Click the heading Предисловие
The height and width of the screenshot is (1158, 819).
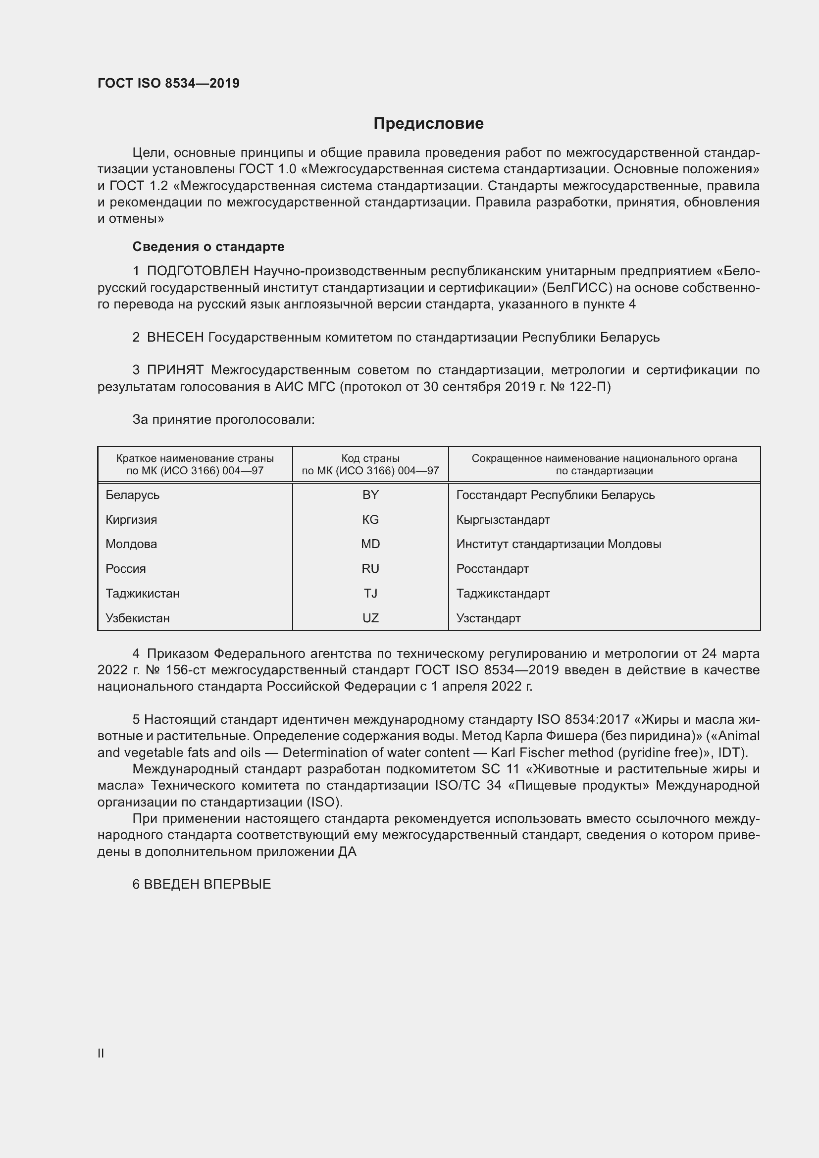pyautogui.click(x=428, y=124)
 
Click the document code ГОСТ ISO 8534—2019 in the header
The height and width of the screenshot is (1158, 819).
pyautogui.click(x=168, y=83)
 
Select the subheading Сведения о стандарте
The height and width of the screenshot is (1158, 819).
pyautogui.click(x=208, y=247)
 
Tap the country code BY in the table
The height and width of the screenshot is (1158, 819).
pyautogui.click(x=370, y=495)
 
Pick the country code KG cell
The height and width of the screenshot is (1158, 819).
pyautogui.click(x=370, y=520)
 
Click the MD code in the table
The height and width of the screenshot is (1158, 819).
pyautogui.click(x=370, y=544)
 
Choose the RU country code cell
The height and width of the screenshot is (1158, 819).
pyautogui.click(x=370, y=569)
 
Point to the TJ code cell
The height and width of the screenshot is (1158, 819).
pyautogui.click(x=370, y=594)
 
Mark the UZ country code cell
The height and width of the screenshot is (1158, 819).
pyautogui.click(x=370, y=618)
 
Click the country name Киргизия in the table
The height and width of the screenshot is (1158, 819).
pyautogui.click(x=131, y=520)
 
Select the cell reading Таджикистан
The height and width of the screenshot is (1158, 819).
pyautogui.click(x=142, y=594)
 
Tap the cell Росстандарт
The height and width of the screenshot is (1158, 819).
pyautogui.click(x=492, y=569)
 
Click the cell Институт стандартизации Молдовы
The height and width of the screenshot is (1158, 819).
pyautogui.click(x=558, y=544)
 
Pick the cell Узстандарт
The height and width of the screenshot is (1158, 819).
pyautogui.click(x=488, y=618)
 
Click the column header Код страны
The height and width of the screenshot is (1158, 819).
pyautogui.click(x=370, y=458)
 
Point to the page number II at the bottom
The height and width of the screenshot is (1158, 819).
pyautogui.click(x=101, y=1053)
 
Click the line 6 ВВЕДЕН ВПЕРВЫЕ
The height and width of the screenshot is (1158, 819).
pyautogui.click(x=202, y=884)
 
